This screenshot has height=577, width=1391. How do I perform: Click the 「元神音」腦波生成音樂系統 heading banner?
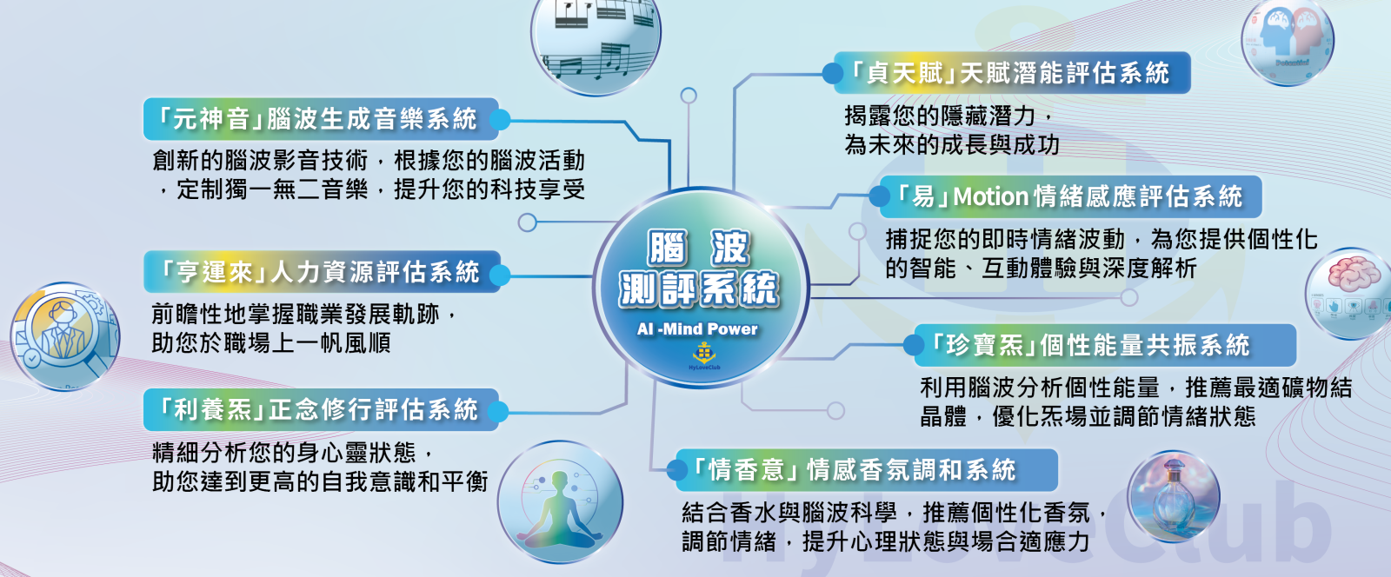321,118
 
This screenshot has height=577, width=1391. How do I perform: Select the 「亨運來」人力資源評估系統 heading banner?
322,272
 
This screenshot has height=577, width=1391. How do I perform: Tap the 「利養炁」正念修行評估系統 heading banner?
321,409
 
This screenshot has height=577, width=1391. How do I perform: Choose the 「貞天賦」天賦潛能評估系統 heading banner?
1012,73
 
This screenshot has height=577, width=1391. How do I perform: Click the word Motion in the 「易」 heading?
990,196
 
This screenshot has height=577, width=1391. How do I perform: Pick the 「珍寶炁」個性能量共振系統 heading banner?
1105,345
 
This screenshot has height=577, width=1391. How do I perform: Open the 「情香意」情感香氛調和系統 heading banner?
866,469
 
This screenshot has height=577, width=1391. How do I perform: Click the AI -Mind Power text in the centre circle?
697,328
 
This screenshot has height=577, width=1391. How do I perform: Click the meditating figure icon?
560,502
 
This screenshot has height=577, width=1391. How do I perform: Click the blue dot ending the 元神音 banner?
499,120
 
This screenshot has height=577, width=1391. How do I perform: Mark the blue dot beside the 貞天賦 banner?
833,73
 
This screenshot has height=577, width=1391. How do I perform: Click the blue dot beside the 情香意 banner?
676,469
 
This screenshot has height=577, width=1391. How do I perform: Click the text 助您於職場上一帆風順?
271,343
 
